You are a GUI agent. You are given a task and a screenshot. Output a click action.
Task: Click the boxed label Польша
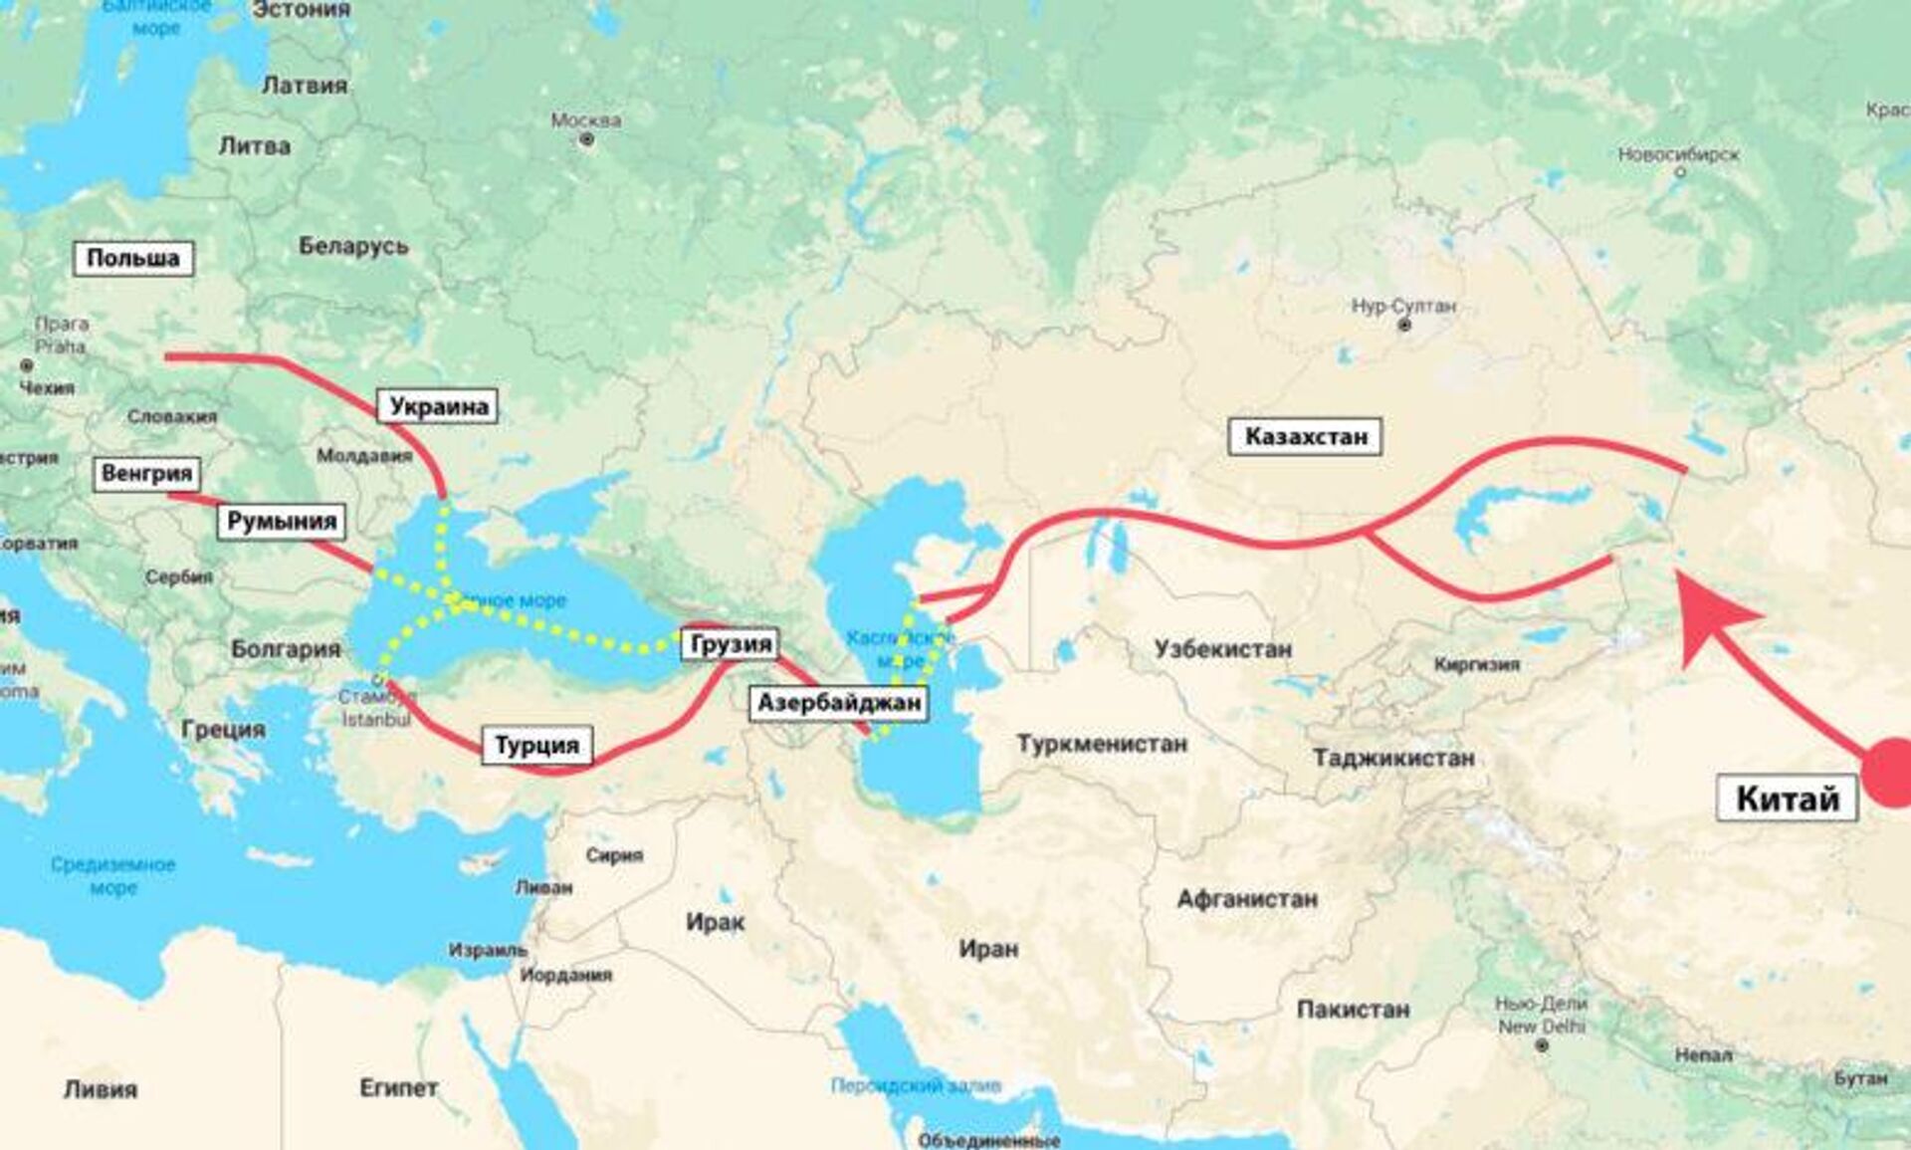(132, 259)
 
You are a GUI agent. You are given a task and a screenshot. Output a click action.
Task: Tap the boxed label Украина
(438, 406)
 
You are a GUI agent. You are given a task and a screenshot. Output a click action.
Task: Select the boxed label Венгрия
(146, 473)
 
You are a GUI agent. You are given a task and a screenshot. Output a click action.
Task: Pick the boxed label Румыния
(282, 521)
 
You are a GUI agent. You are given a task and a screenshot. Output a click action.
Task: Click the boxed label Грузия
(731, 644)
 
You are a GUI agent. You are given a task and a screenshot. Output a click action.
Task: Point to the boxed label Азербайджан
(839, 704)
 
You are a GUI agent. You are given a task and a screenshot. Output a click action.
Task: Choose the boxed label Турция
(536, 745)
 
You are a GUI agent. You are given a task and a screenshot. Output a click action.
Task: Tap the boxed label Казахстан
(1305, 436)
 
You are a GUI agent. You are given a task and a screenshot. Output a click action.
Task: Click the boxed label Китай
(1787, 799)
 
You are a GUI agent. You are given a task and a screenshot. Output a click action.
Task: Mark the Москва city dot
(586, 140)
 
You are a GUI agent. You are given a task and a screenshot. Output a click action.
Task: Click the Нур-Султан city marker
(1404, 326)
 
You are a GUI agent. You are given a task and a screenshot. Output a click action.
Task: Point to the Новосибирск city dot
(1680, 172)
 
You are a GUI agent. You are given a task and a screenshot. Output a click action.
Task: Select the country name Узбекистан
(1222, 649)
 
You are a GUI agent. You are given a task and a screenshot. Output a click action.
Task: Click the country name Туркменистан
(1101, 744)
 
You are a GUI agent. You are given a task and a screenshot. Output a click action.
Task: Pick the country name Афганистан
(1246, 899)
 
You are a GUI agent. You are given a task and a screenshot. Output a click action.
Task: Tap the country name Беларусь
(353, 246)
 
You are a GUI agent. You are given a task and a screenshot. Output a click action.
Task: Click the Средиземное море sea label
(112, 875)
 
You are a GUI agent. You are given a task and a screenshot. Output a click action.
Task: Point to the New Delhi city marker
(1542, 1045)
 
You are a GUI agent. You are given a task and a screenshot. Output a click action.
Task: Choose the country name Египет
(398, 1088)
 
